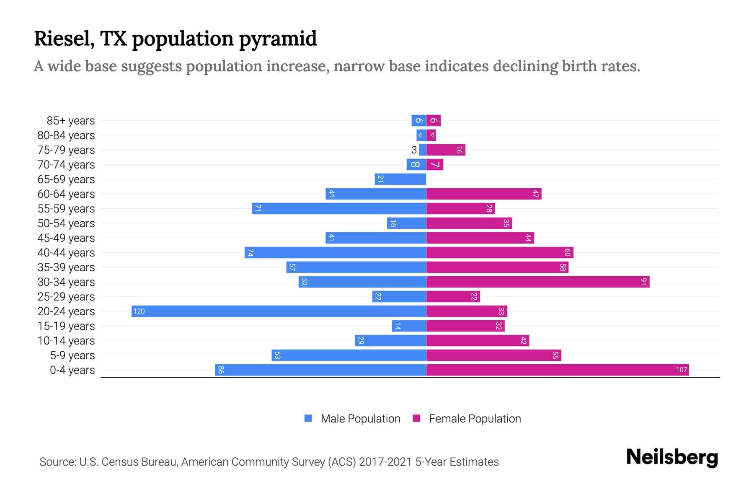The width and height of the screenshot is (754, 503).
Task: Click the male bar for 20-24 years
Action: point(279,311)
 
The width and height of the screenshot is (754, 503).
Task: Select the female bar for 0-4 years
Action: point(557,370)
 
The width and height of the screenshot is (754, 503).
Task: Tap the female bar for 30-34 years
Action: point(537,282)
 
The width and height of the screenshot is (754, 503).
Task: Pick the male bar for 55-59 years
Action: point(339,208)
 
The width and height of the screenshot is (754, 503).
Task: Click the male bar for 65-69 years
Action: point(400,179)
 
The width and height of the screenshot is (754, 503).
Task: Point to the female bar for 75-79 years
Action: point(446,150)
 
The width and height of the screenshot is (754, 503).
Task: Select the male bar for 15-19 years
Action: point(409,326)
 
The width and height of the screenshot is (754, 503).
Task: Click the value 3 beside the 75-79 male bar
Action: point(414,150)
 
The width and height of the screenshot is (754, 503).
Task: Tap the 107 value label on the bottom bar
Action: point(681,370)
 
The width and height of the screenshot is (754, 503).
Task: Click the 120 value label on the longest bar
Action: point(139,311)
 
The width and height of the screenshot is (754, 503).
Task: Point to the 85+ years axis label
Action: point(70,121)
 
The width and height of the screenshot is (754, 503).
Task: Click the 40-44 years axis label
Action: point(66,253)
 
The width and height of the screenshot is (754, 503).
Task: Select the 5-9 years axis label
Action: point(72,355)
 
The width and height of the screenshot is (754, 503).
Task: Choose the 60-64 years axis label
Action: point(66,194)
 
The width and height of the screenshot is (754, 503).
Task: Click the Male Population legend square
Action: point(308,418)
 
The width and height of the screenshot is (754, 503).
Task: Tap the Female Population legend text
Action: point(475,418)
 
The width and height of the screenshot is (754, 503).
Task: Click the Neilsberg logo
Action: point(672,457)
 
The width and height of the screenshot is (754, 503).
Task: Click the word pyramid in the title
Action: point(278,39)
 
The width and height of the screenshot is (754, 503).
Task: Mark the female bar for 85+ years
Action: point(433,120)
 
